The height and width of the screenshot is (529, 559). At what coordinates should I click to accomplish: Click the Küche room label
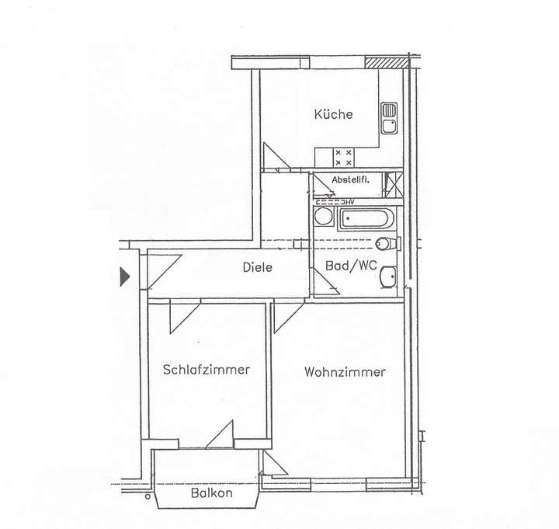coord(333,114)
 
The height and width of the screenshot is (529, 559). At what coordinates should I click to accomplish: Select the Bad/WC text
coord(351,266)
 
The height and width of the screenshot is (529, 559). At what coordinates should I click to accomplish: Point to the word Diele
coord(257,266)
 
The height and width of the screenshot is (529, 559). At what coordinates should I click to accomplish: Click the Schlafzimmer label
coord(207,370)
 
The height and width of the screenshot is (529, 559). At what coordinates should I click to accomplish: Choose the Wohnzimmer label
coord(345,372)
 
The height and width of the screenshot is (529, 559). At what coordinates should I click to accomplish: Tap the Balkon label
coord(212,492)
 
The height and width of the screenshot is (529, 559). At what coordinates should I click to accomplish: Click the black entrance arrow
coord(124,276)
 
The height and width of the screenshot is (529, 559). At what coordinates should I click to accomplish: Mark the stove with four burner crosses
coord(343,157)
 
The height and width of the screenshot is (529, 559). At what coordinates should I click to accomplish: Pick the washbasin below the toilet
coord(390,277)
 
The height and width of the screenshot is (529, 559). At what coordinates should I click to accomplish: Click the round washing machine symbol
coord(323,217)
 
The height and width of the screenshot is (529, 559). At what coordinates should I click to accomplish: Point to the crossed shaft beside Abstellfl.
coord(394,183)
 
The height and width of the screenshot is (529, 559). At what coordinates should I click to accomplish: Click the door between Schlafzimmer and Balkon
coord(221,435)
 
